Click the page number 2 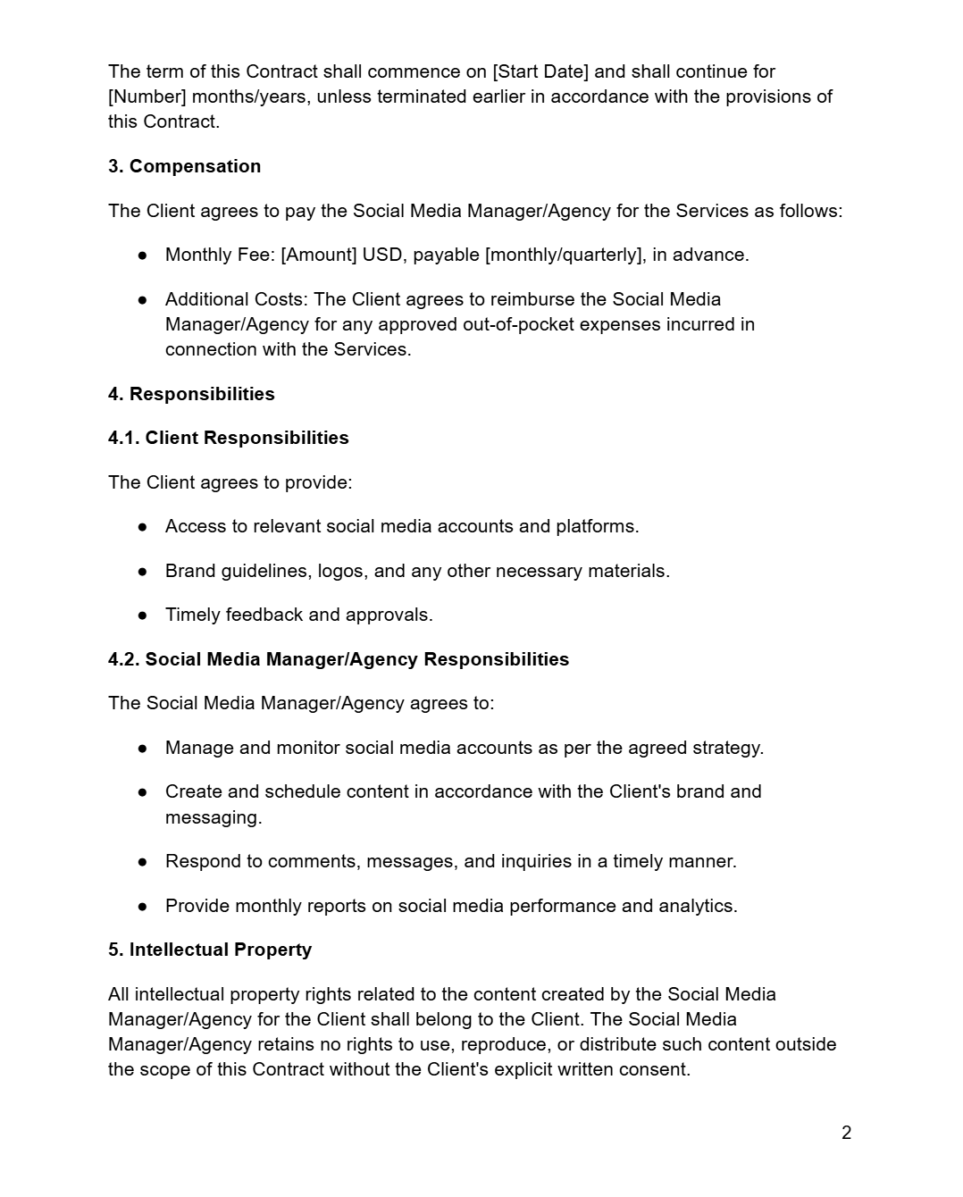(x=846, y=1133)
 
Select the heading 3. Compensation (x=184, y=166)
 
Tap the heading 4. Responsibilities (x=191, y=394)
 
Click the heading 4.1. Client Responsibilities (x=228, y=438)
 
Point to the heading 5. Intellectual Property (x=210, y=950)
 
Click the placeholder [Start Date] (x=540, y=71)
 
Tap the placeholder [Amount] (x=319, y=255)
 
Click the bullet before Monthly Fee (x=142, y=255)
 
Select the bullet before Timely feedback (x=142, y=615)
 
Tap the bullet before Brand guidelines (x=142, y=571)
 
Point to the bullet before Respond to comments (x=142, y=861)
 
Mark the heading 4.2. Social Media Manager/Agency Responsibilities (x=338, y=659)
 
